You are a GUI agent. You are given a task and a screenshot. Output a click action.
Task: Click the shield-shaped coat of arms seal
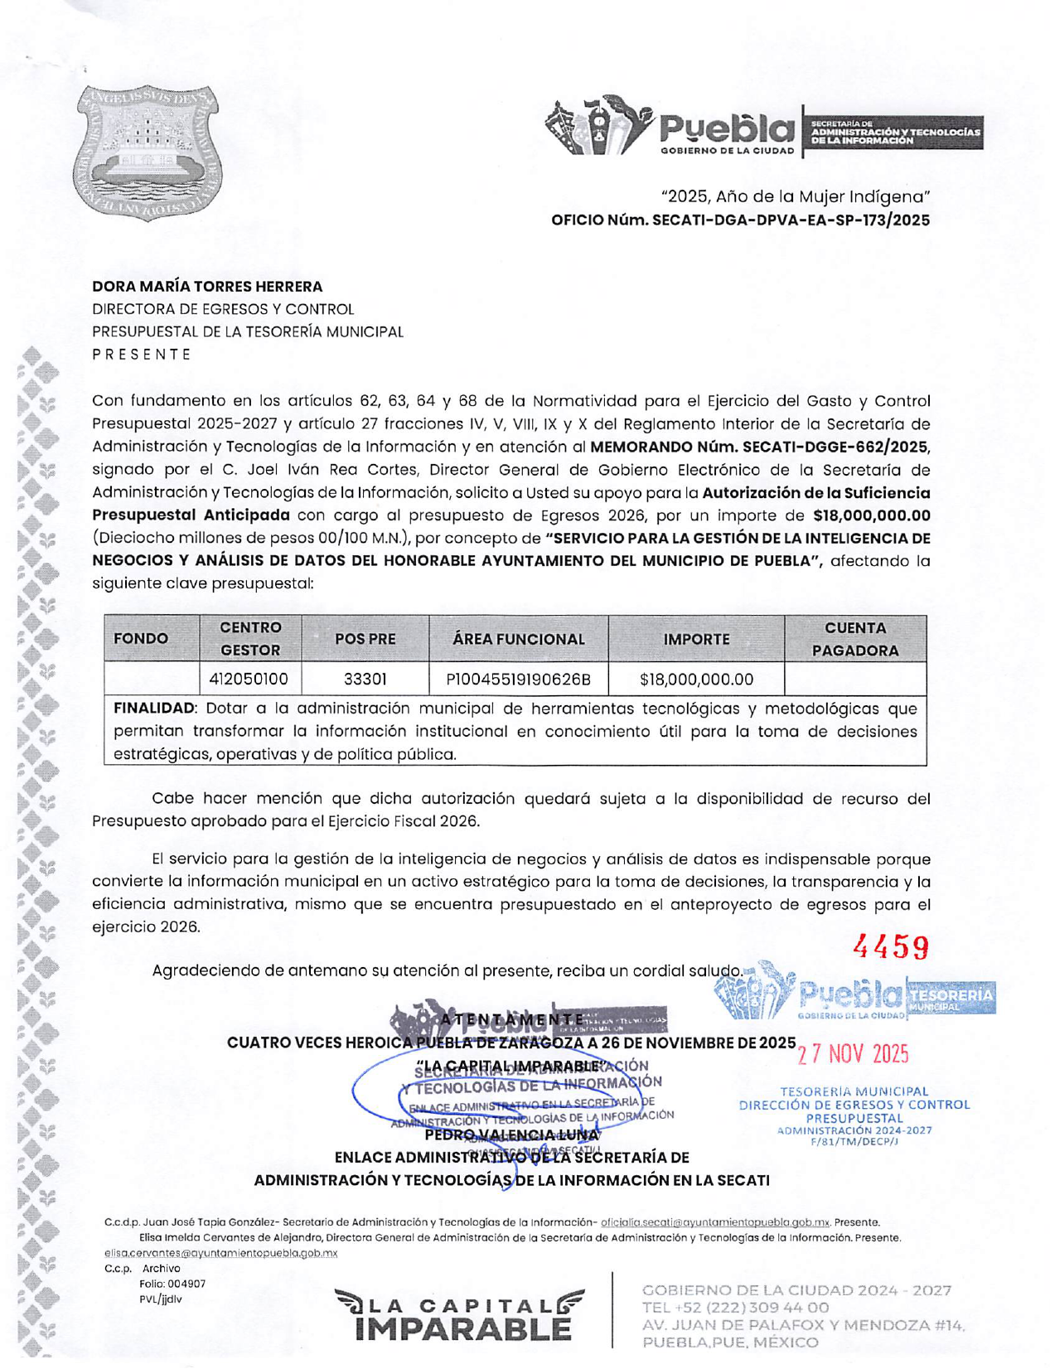(x=149, y=152)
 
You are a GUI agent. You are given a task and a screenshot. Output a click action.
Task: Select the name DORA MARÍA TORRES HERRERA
(x=207, y=287)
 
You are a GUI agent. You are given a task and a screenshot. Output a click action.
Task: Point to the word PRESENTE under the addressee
(x=142, y=355)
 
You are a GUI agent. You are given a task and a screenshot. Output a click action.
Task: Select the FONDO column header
(x=141, y=639)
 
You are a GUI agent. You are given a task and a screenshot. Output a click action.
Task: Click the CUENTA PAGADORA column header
(x=854, y=639)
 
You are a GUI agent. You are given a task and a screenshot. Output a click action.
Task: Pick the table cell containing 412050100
(x=248, y=680)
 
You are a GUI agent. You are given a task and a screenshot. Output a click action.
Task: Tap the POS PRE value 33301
(x=365, y=680)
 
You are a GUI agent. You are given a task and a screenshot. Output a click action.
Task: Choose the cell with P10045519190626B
(x=518, y=680)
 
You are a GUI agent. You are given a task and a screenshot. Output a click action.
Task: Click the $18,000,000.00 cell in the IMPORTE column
(x=696, y=680)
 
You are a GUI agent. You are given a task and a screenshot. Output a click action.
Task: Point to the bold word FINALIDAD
(x=154, y=709)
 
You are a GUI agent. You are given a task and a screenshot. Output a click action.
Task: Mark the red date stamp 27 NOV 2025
(x=853, y=1055)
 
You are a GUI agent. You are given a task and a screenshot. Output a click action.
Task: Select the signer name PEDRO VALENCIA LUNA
(x=511, y=1134)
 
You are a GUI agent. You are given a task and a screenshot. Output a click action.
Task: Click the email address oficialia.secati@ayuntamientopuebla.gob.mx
(x=715, y=1222)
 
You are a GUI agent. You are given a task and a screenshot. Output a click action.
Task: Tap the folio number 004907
(x=186, y=1284)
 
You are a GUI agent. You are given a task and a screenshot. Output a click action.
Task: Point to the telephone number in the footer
(x=735, y=1308)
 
